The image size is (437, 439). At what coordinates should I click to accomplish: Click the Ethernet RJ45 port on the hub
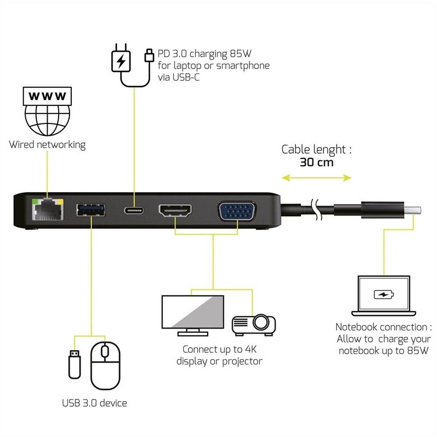point(48,209)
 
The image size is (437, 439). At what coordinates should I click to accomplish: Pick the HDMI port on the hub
point(175,210)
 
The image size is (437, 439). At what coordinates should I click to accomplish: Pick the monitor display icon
point(190,314)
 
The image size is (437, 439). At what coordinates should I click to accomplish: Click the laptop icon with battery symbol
point(383,296)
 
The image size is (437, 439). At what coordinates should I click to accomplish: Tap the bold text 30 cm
point(316,162)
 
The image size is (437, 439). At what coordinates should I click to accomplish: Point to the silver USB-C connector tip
point(415,210)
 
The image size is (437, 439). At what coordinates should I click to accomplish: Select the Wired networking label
point(47,145)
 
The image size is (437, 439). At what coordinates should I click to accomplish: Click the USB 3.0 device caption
point(94,403)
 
